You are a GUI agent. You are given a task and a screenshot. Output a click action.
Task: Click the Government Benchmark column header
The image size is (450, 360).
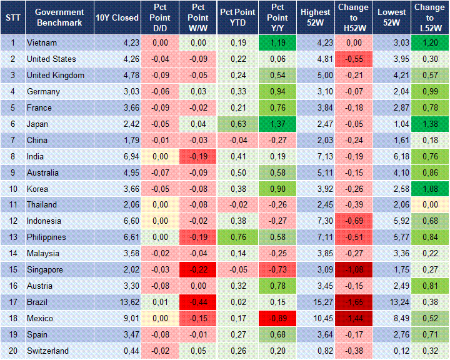click(59, 17)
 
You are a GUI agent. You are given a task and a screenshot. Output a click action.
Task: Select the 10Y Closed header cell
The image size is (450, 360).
click(117, 17)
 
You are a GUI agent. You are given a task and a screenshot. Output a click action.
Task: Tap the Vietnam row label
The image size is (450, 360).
click(41, 43)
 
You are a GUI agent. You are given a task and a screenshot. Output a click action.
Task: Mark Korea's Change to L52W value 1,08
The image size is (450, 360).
click(429, 189)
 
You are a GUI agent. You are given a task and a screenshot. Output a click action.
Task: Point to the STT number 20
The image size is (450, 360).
click(12, 351)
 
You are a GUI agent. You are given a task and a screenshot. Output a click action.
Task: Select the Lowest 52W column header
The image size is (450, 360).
click(392, 17)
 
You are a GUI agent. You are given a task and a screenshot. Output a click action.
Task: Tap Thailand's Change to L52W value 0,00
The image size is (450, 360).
click(429, 205)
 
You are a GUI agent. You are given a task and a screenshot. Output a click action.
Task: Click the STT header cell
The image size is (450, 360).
click(12, 17)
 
